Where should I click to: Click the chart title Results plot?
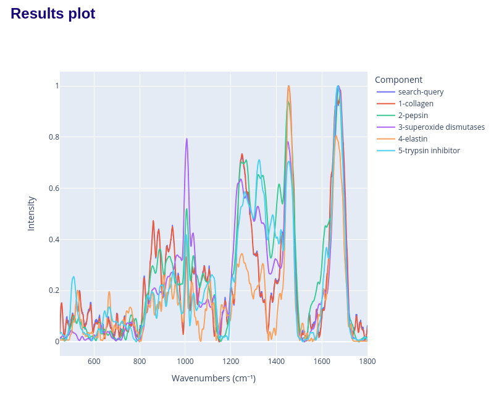(53, 14)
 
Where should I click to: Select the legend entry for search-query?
(421, 92)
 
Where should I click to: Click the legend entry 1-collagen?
(416, 104)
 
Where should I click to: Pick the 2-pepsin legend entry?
(413, 116)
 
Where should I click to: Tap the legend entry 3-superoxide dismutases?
(441, 127)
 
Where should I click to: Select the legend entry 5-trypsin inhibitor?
(429, 151)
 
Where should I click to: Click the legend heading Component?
(398, 80)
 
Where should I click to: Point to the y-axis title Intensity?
(31, 214)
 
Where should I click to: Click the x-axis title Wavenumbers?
(213, 378)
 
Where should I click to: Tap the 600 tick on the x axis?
(94, 362)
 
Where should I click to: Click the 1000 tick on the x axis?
(185, 362)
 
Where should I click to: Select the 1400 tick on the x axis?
(276, 362)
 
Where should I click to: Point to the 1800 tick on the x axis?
(367, 362)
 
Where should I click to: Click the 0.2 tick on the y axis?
(54, 290)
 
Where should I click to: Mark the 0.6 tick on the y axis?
(54, 188)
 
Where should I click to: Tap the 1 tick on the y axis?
(56, 86)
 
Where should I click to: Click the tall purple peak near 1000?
(187, 139)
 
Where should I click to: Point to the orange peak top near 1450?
(288, 87)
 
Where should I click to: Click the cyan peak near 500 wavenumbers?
(73, 277)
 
